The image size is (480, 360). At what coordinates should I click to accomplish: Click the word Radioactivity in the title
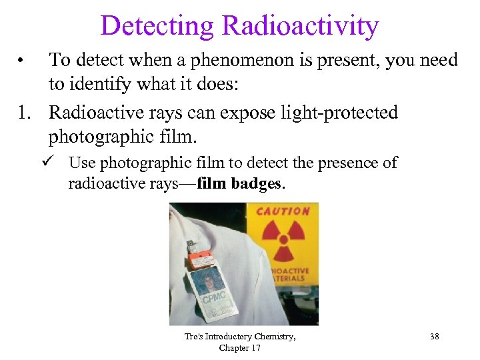(x=300, y=26)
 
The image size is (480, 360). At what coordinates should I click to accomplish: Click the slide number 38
(x=434, y=337)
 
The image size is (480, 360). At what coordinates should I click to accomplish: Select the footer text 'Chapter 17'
(x=240, y=348)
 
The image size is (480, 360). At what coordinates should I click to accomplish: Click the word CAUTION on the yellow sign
(x=283, y=211)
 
